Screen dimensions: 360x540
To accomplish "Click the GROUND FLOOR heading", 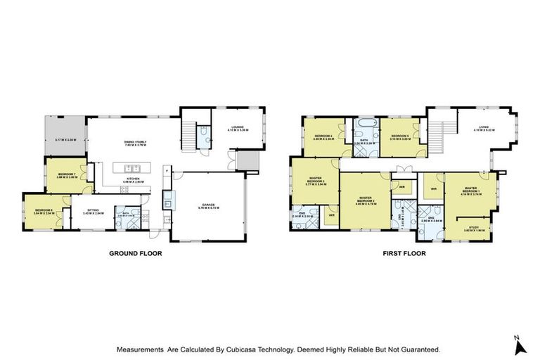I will click(134, 253).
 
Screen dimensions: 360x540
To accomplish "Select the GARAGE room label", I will click(210, 204).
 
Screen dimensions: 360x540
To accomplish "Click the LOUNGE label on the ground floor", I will click(235, 127).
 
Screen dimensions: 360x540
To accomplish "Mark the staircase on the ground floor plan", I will click(188, 131).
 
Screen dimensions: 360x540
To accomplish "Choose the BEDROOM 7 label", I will click(67, 175).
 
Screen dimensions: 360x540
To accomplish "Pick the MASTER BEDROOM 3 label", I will click(314, 181).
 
